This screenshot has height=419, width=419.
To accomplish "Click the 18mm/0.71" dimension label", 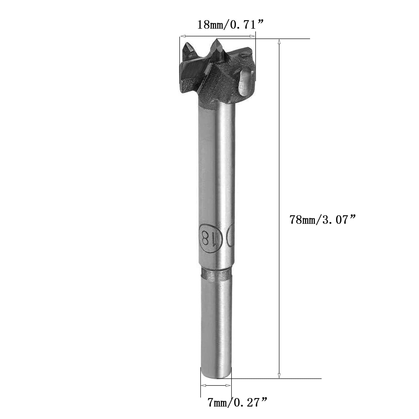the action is point(230,25).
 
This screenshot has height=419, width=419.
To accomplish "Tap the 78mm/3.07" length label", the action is point(323,219).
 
